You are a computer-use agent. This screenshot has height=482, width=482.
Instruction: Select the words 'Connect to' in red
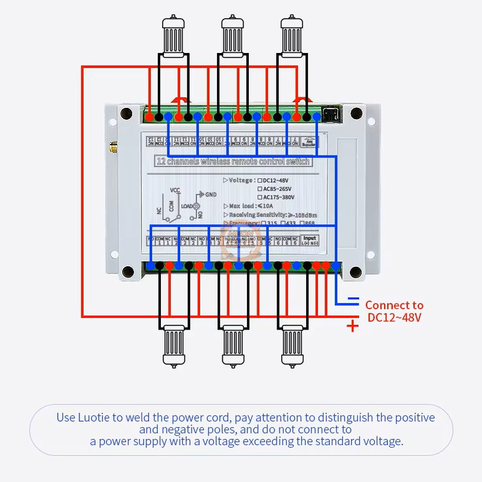pyautogui.click(x=394, y=305)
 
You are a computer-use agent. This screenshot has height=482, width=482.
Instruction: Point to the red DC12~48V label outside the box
pyautogui.click(x=394, y=318)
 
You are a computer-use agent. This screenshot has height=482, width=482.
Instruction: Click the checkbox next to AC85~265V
pyautogui.click(x=260, y=189)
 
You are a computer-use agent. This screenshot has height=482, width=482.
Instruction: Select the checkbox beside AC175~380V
pyautogui.click(x=260, y=197)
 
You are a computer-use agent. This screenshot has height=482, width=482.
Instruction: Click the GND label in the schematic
pyautogui.click(x=210, y=195)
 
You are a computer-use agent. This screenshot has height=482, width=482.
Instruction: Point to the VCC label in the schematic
pyautogui.click(x=175, y=190)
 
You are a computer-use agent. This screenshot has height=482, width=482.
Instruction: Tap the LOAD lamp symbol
pyautogui.click(x=196, y=206)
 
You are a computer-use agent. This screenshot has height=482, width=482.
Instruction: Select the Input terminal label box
pyautogui.click(x=309, y=240)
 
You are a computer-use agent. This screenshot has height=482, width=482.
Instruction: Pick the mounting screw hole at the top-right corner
pyautogui.click(x=356, y=113)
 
